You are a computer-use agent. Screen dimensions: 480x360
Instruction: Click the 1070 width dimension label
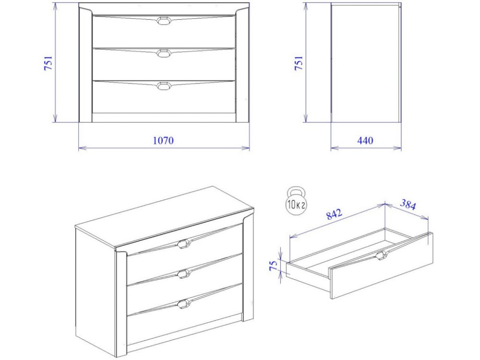163,140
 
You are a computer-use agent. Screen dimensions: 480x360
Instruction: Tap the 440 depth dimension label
365,140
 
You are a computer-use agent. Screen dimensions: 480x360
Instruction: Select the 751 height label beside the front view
48,63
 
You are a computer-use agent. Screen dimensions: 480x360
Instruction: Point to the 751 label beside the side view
299,63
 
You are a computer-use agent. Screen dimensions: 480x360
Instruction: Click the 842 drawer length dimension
334,214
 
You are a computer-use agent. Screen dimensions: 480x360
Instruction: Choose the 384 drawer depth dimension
408,204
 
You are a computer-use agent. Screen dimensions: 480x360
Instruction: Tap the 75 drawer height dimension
273,265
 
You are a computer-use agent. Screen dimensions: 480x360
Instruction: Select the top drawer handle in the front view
164,21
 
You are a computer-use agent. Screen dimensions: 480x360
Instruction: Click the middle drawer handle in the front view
164,54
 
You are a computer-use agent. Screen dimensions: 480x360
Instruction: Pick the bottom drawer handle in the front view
164,86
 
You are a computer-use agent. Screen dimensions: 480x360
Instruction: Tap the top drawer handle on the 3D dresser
184,244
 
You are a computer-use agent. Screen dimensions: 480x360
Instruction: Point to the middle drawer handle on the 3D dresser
184,274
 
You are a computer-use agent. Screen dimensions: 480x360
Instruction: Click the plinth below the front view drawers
164,118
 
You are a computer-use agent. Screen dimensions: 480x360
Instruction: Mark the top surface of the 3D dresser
164,216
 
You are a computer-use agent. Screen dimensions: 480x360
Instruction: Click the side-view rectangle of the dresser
366,63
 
